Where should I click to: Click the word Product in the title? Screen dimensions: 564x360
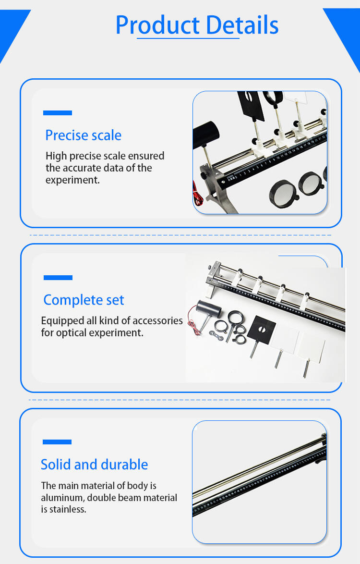coord(157,25)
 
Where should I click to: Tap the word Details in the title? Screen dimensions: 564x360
coord(242,25)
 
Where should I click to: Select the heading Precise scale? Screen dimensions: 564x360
coord(83,135)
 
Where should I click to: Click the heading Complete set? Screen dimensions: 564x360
coord(84,300)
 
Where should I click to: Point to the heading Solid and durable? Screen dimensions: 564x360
coord(94,465)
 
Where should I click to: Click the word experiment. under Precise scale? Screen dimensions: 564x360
coord(72,180)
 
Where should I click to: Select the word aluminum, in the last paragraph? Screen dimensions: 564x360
coord(62,498)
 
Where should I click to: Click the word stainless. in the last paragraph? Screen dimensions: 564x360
coord(68,509)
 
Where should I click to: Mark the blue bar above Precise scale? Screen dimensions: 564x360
coord(57,113)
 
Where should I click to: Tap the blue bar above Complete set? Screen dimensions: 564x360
coord(58,278)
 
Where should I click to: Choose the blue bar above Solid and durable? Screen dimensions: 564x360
coord(57,442)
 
